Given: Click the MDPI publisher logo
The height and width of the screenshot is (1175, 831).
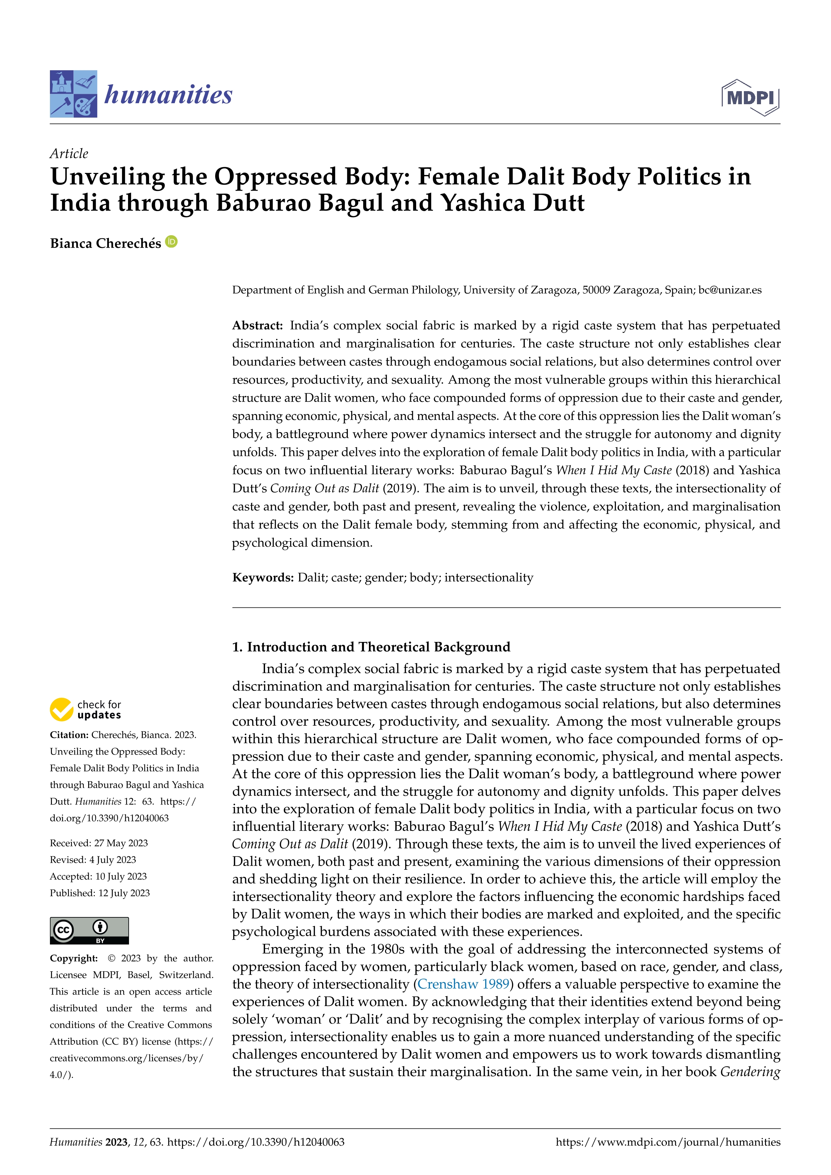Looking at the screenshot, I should pos(750,97).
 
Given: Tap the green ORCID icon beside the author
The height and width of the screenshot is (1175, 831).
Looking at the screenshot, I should pos(172,242).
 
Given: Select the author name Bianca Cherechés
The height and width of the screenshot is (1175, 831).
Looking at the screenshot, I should pos(106,244).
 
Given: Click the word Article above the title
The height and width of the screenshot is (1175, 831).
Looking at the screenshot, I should pos(69,153).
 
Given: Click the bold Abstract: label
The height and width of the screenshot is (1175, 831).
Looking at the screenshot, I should pos(257,325).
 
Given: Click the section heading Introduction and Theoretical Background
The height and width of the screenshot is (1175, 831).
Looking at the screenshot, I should pos(372,647).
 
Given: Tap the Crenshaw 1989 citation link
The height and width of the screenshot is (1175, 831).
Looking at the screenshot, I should pos(463,984).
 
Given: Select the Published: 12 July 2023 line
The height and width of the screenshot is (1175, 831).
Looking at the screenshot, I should pos(100,893).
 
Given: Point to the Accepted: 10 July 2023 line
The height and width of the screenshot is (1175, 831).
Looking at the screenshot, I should pos(98,876).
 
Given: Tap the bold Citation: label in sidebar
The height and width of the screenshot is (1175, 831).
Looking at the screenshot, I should pos(69,735).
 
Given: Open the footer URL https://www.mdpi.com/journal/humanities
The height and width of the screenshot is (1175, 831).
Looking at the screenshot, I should pos(668,1142).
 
